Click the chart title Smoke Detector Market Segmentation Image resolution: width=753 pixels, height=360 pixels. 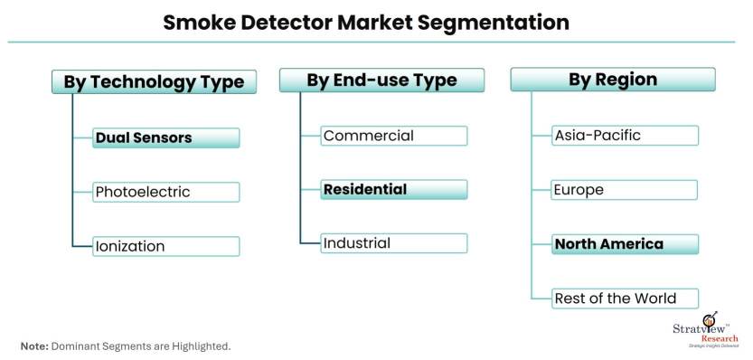(x=366, y=22)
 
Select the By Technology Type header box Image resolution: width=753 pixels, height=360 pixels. (x=155, y=81)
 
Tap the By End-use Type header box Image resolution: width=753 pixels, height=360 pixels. (x=381, y=80)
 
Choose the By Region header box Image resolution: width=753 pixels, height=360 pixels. (x=613, y=80)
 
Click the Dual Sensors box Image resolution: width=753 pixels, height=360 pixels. (x=165, y=138)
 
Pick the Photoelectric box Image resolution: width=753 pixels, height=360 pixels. (x=165, y=192)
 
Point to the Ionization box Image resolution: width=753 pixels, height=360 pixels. (x=165, y=246)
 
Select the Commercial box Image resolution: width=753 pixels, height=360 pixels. (x=394, y=136)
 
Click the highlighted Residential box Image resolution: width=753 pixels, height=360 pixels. (x=394, y=189)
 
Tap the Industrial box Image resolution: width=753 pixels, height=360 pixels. (x=394, y=243)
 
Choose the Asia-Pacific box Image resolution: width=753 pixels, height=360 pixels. (x=625, y=135)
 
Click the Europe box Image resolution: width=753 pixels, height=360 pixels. (x=625, y=190)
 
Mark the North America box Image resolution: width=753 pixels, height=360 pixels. (x=625, y=244)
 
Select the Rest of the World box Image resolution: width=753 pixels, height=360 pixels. (x=625, y=298)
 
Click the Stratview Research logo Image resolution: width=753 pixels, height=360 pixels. (x=705, y=330)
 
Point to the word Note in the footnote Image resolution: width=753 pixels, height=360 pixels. (x=33, y=346)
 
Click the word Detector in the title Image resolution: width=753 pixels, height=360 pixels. (x=286, y=22)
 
